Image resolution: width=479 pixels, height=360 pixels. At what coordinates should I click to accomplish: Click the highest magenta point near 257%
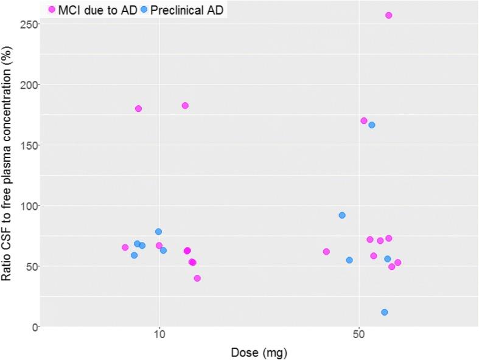tap(388, 15)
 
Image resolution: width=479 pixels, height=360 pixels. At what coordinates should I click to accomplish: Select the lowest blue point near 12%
tap(384, 312)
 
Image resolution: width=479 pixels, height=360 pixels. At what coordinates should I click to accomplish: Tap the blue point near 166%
tap(371, 125)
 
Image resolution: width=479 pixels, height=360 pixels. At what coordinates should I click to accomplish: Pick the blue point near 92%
tap(342, 215)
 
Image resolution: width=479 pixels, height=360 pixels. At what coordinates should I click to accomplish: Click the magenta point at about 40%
tap(197, 278)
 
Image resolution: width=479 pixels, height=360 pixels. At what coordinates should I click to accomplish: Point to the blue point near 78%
tap(158, 232)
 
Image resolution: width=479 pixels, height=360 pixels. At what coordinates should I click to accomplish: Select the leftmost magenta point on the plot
tap(125, 247)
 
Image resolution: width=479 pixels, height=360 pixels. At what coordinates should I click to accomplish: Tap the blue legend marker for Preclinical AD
tap(144, 10)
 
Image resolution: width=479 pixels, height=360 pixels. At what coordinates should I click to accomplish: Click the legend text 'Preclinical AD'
tap(186, 10)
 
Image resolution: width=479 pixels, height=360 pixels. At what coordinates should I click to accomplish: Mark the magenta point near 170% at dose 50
tap(364, 120)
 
